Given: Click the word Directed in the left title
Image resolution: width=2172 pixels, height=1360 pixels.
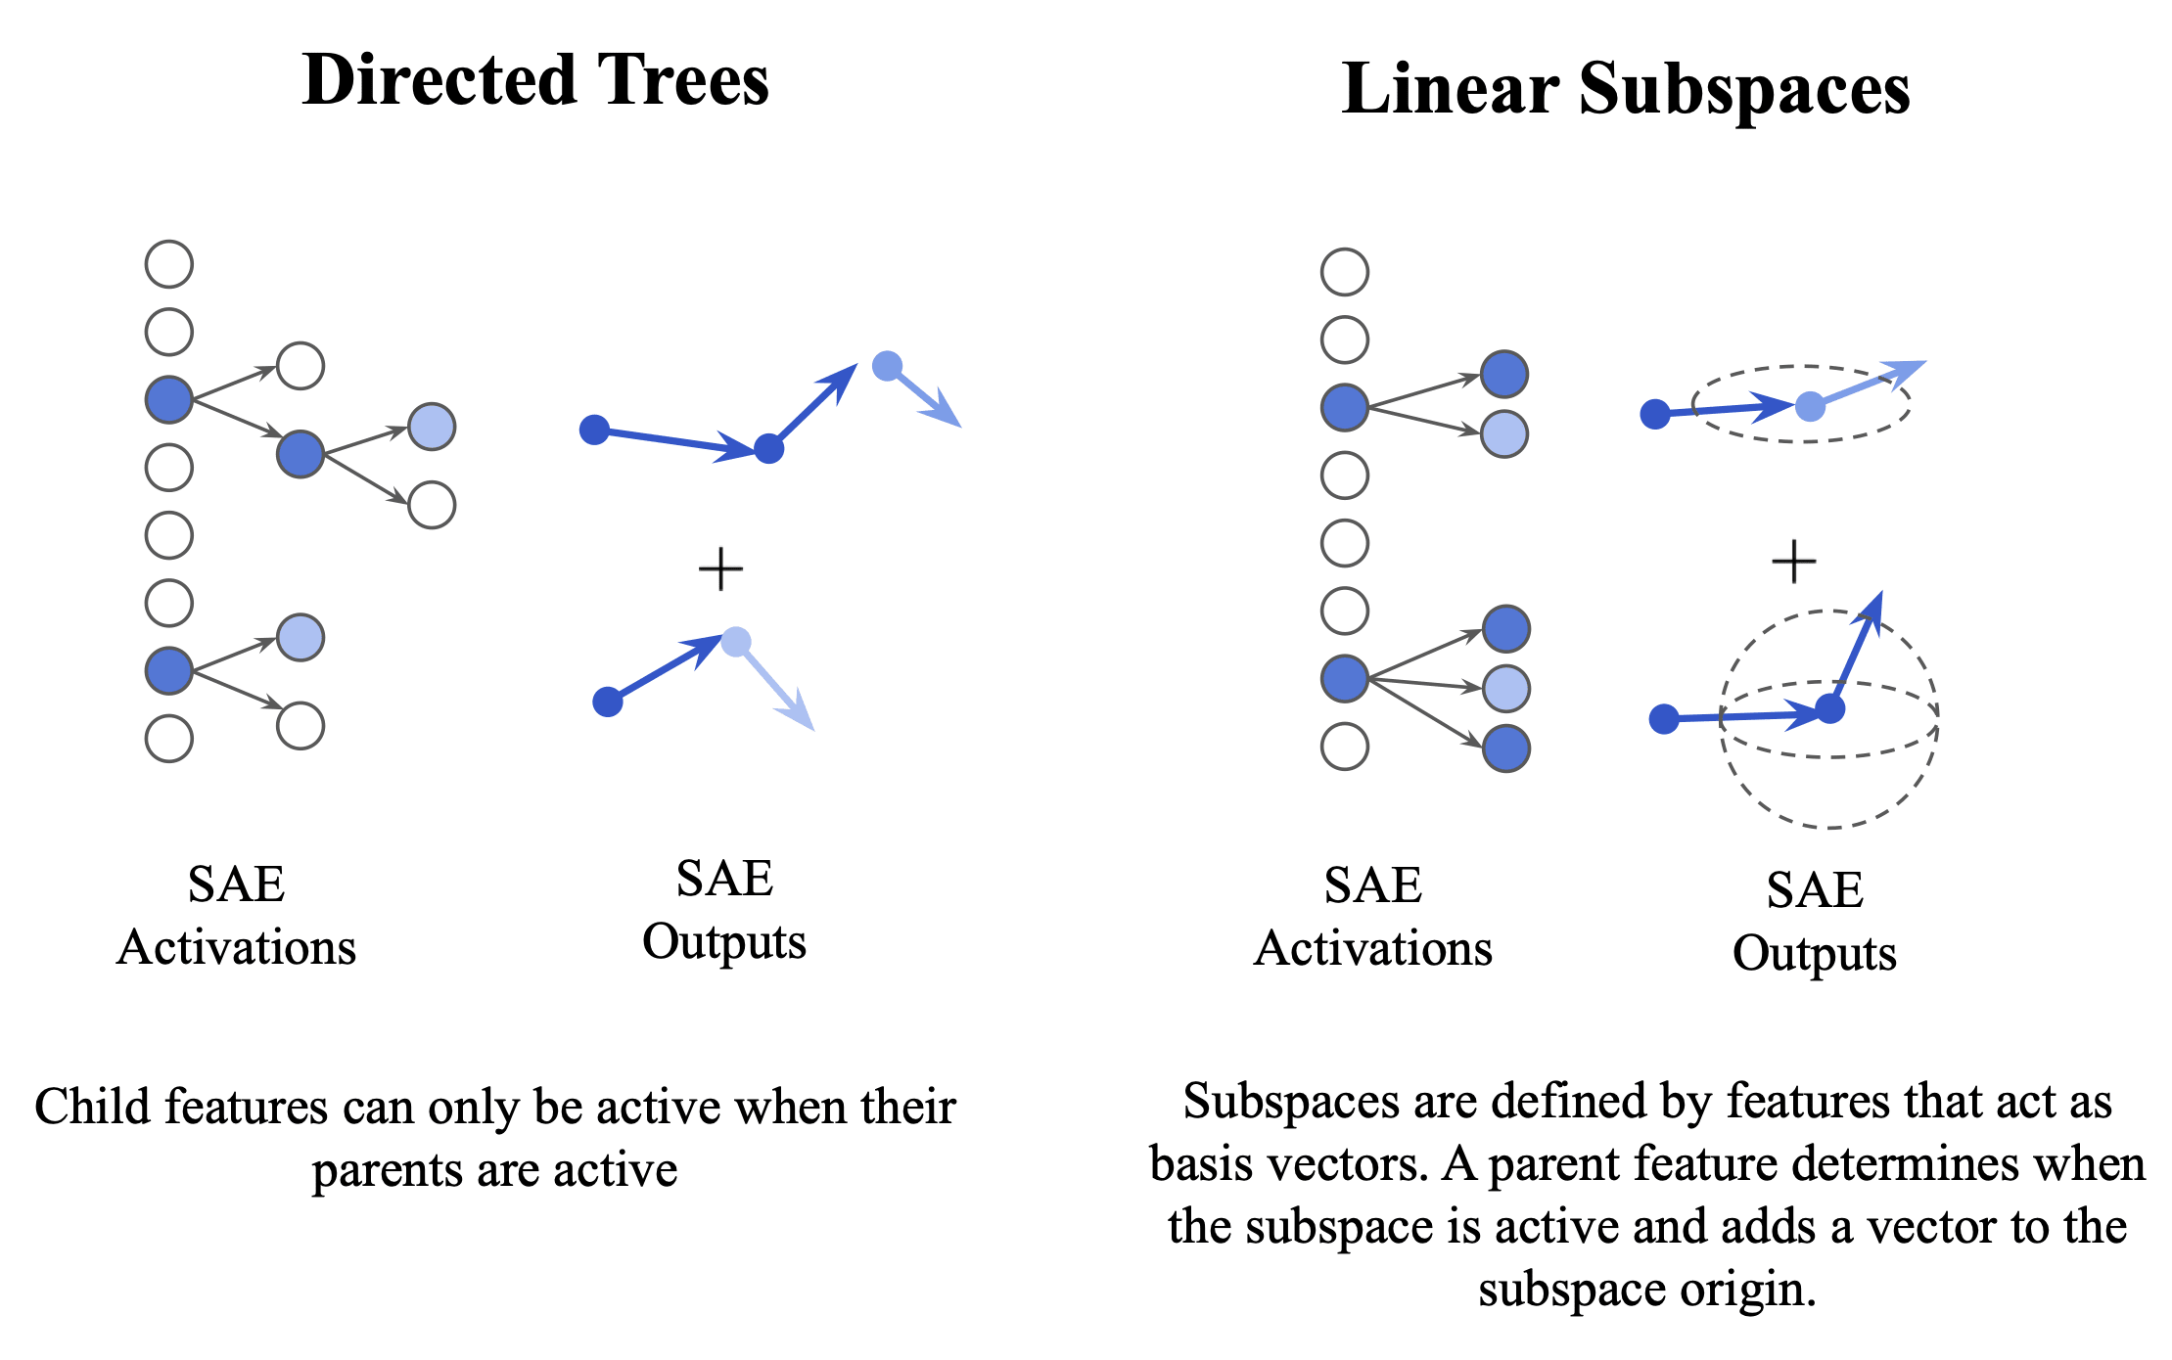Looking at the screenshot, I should (438, 80).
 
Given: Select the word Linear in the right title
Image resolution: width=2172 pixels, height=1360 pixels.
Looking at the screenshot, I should (1450, 89).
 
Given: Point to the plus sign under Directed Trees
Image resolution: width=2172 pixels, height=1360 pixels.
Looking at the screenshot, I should (720, 568).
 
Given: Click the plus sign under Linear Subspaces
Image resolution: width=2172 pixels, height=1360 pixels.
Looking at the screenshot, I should (1793, 562).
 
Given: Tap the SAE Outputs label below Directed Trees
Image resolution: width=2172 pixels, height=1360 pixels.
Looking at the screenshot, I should (724, 910).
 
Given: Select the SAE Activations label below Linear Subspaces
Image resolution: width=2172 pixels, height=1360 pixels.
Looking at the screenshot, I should (1372, 917).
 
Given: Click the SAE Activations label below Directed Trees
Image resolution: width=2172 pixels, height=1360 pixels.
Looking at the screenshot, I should (236, 916).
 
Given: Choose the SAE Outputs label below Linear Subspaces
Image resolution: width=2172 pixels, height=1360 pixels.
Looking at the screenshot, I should (1814, 922).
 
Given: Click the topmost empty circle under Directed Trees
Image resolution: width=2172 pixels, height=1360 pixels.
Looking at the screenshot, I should (169, 264).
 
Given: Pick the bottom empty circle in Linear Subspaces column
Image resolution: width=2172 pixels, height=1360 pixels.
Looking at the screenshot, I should (1344, 747).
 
